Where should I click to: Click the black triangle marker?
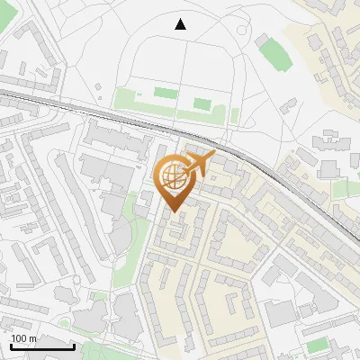click(181, 24)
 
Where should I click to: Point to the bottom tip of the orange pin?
click(173, 212)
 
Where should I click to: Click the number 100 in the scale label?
click(20, 338)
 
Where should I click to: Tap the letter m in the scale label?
click(33, 338)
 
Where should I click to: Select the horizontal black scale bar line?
click(41, 346)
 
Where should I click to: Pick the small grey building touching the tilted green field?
click(263, 40)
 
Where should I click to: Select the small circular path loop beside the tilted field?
click(242, 28)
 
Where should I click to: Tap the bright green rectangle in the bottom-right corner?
click(317, 346)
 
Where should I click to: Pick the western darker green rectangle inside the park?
click(163, 92)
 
